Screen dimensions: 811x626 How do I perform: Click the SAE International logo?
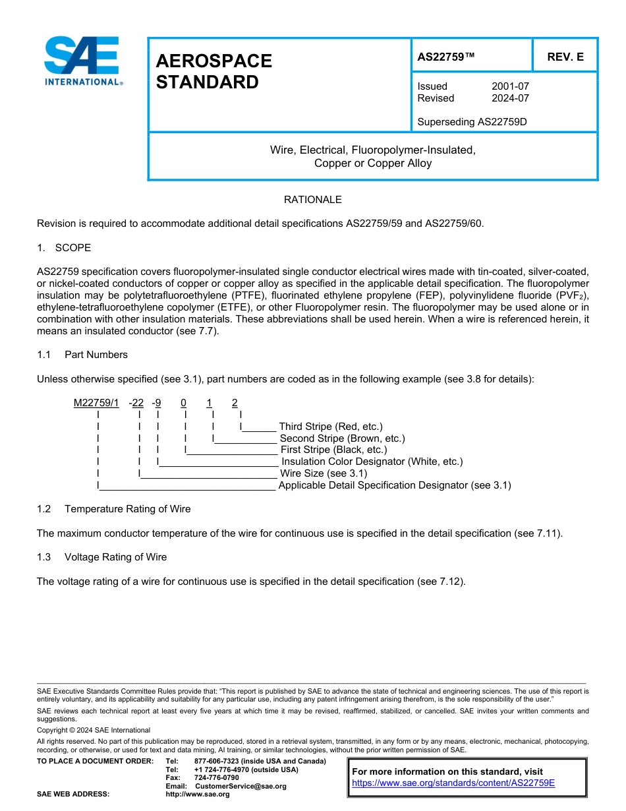82,61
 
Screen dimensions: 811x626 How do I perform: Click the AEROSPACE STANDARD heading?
213,72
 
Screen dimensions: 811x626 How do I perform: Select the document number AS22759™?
446,57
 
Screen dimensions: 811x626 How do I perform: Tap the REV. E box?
565,57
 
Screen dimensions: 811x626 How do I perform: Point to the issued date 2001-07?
510,86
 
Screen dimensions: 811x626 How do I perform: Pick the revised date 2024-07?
510,98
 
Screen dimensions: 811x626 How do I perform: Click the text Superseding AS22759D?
472,122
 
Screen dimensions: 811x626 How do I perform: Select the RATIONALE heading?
312,200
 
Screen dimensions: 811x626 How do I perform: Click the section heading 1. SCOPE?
64,248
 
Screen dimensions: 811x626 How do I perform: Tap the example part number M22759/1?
96,403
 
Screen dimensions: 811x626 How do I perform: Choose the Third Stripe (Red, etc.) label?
330,427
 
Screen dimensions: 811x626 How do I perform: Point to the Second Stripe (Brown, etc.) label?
342,438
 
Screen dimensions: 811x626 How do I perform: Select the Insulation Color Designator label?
372,462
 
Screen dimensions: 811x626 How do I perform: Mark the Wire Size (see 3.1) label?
324,473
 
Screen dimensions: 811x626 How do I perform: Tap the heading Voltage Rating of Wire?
115,557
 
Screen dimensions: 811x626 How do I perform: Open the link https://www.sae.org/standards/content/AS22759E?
453,783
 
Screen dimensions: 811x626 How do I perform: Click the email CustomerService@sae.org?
241,786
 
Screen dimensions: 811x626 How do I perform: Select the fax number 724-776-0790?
217,778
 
